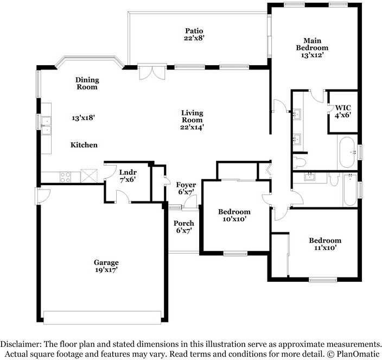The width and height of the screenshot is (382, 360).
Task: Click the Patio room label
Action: (194, 31)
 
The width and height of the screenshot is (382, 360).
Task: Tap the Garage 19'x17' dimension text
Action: (106, 270)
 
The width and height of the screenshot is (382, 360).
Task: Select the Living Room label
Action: (192, 116)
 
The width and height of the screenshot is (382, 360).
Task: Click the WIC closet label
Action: (343, 108)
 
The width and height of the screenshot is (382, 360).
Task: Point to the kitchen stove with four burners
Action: (65, 177)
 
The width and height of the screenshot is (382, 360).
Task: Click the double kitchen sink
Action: (46, 125)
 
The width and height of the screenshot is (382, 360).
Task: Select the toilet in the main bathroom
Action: (299, 162)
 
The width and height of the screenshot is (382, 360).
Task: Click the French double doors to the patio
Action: (152, 72)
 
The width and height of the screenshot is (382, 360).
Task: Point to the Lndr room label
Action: (128, 172)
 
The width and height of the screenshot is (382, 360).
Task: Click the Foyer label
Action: (186, 185)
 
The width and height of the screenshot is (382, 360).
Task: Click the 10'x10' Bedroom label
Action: (234, 212)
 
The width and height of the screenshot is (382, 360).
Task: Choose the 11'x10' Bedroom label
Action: (325, 241)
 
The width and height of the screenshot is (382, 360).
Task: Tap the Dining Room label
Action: (87, 84)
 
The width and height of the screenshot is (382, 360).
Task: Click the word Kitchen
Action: (84, 145)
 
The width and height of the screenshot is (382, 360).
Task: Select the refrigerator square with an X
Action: (89, 176)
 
